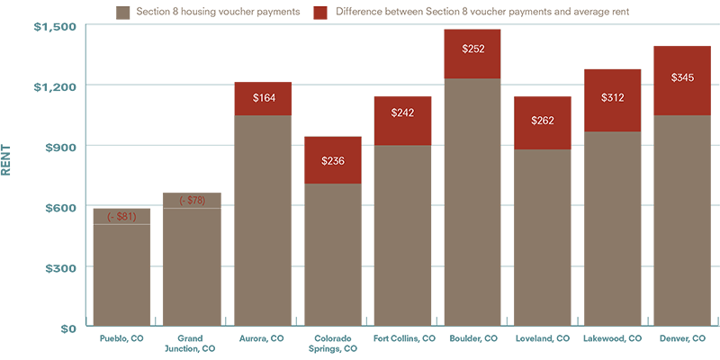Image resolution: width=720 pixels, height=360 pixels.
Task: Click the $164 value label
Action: coord(264,98)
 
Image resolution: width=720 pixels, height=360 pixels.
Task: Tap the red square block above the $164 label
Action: coord(263,68)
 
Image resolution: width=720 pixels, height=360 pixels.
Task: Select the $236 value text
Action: coord(333,162)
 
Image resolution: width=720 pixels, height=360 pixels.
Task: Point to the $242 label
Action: coord(402,113)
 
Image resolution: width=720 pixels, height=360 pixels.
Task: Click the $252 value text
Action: coord(473,49)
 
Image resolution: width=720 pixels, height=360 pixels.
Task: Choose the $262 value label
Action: coord(543,121)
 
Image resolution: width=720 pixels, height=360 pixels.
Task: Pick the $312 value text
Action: coord(612,98)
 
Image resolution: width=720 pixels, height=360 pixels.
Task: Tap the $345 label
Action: coord(682,78)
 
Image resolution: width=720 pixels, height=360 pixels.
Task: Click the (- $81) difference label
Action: coord(121,217)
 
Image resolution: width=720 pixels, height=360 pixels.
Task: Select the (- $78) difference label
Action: coord(192,201)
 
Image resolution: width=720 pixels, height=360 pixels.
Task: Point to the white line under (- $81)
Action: coord(124,224)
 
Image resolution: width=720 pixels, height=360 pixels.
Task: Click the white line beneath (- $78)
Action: coord(193,208)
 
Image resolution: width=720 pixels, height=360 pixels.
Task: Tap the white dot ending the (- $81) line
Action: coord(91,224)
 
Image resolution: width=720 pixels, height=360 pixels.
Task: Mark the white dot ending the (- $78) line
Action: coord(223,209)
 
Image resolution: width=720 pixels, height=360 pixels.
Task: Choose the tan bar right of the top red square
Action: coord(487,13)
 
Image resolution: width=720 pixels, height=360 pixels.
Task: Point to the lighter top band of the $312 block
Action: coord(612,57)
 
